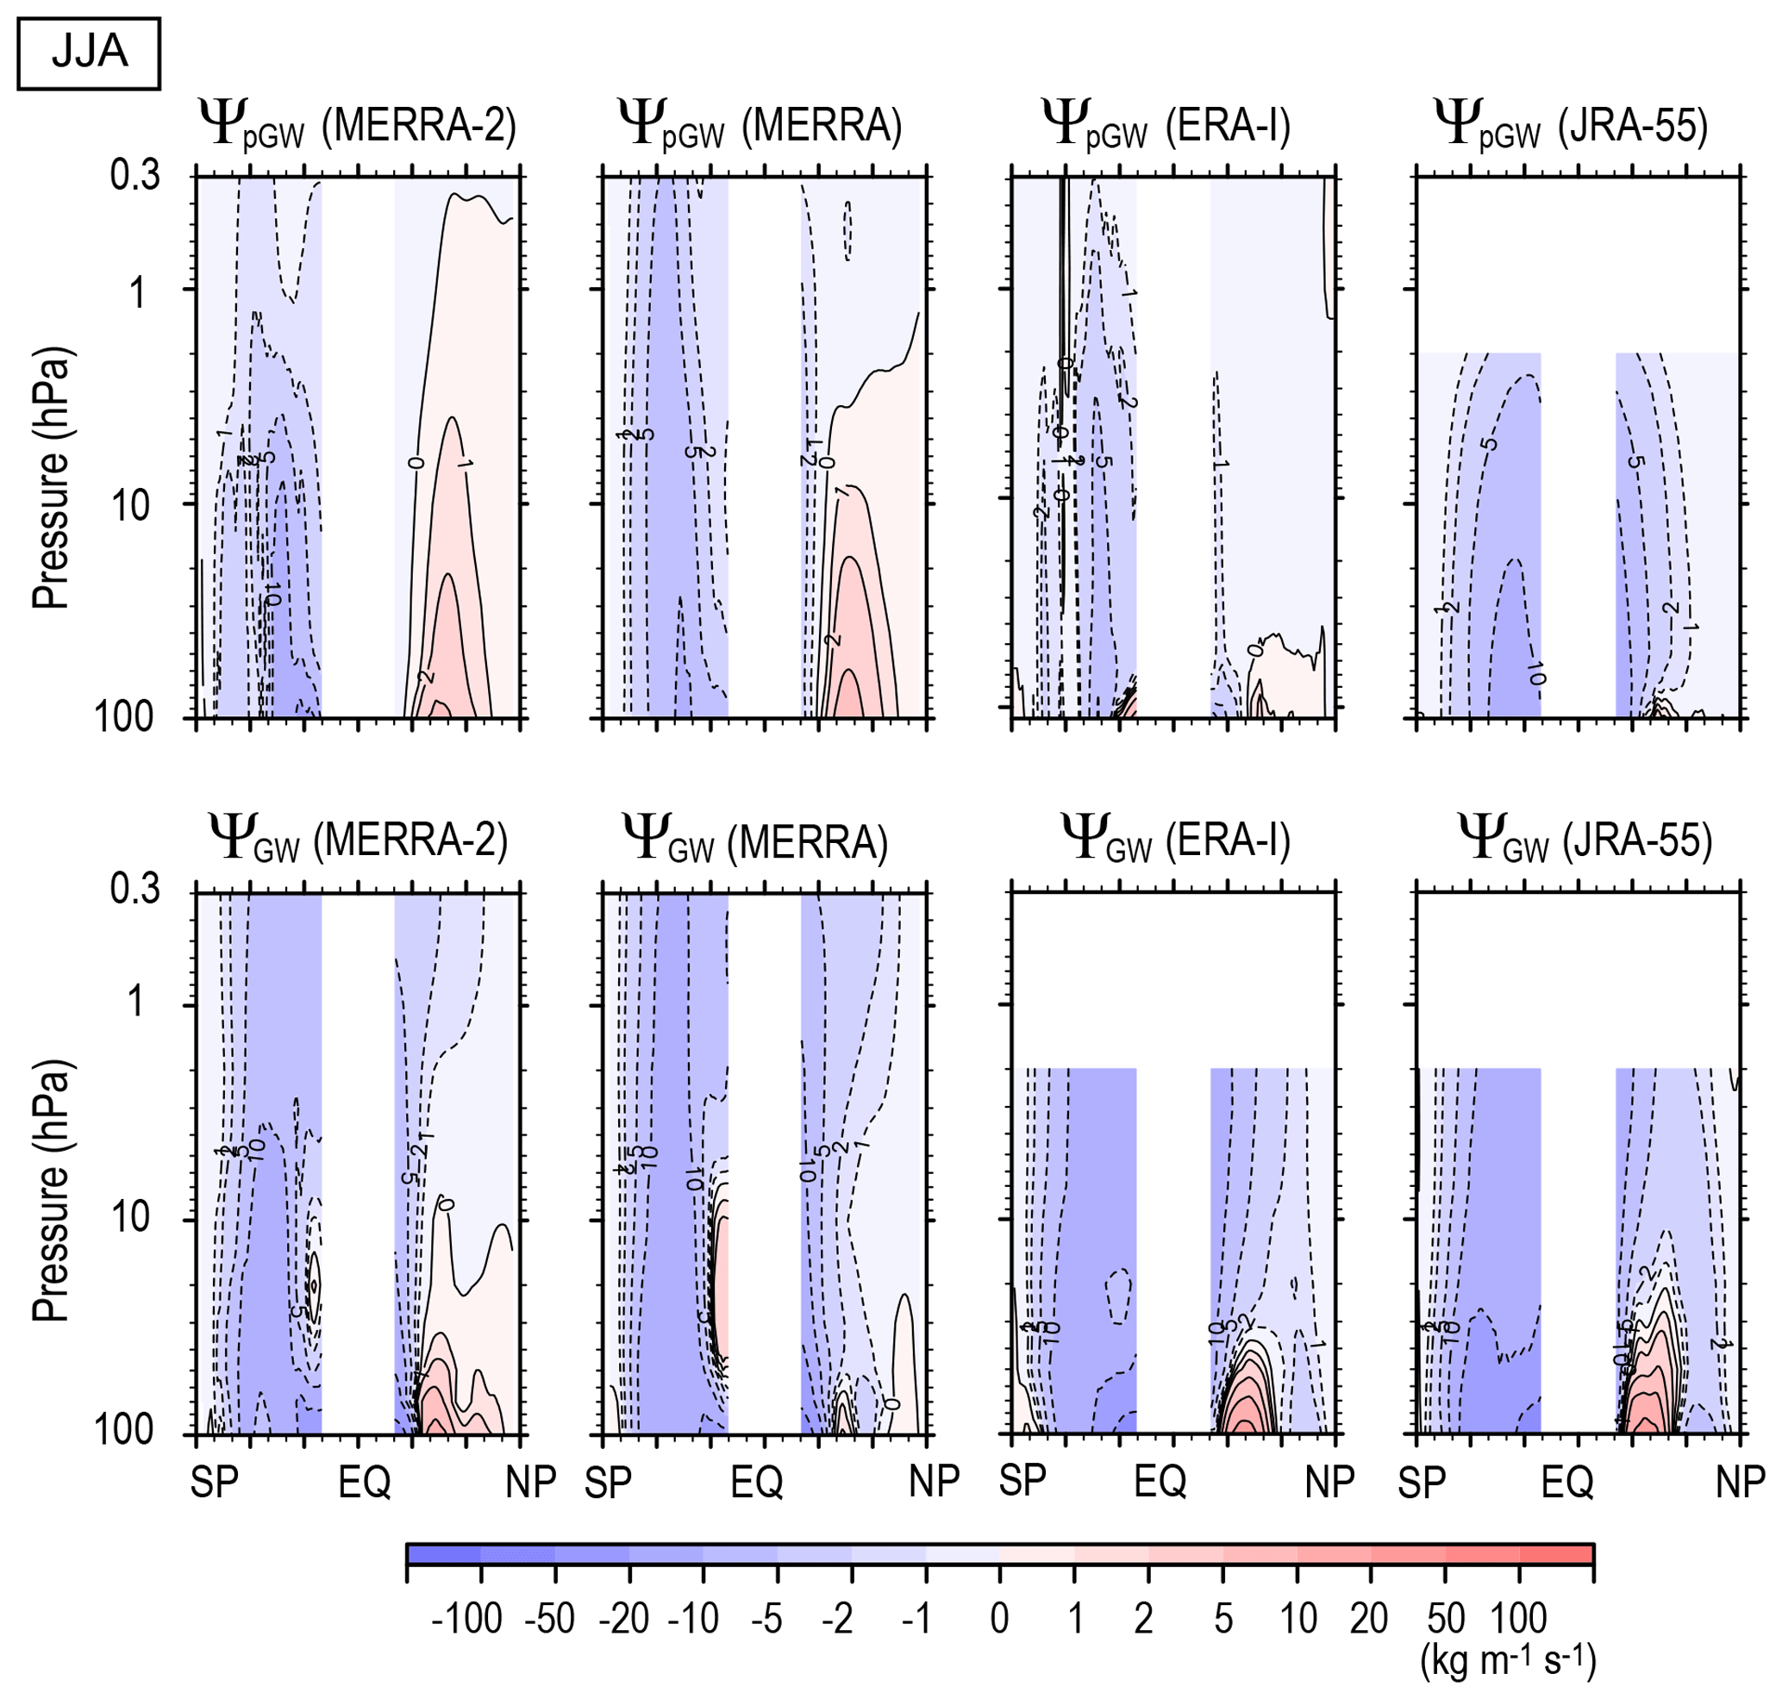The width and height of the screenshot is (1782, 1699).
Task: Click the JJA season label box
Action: [x=89, y=53]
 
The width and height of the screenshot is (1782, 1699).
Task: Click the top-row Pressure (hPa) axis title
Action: [x=51, y=478]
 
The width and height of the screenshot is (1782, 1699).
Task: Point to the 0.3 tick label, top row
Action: [x=135, y=175]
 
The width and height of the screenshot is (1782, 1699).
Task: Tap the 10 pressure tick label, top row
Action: [x=131, y=504]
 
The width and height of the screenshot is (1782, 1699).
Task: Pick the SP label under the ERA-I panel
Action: [x=1022, y=1481]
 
